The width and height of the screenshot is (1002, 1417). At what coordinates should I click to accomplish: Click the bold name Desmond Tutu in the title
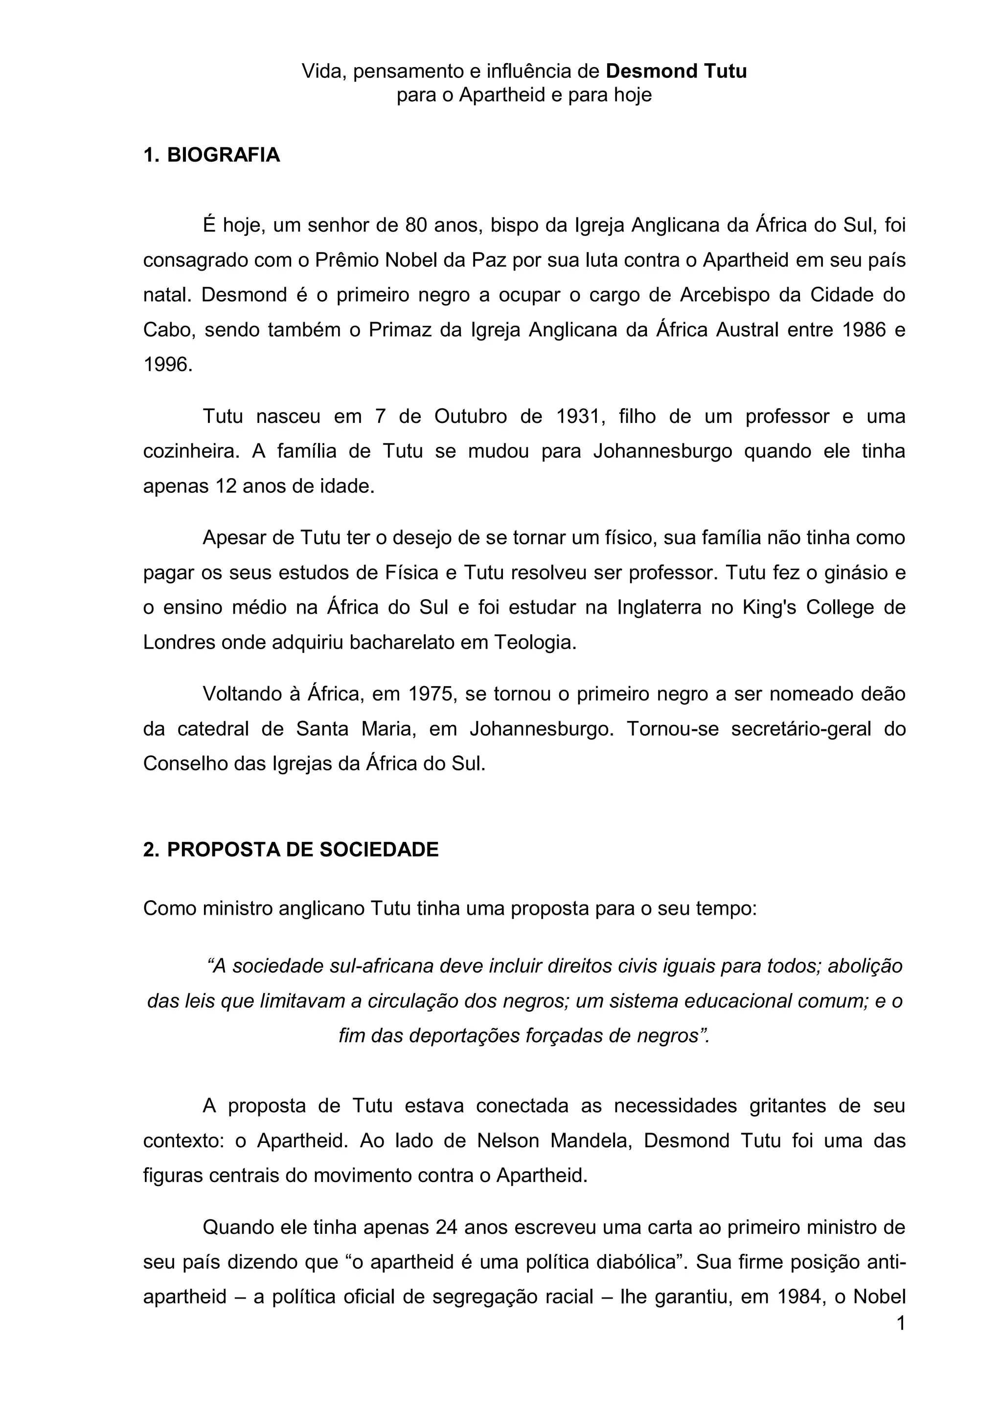click(676, 71)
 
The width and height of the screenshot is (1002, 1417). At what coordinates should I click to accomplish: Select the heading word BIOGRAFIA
click(224, 155)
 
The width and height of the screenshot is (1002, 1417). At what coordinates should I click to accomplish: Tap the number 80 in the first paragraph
click(416, 225)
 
